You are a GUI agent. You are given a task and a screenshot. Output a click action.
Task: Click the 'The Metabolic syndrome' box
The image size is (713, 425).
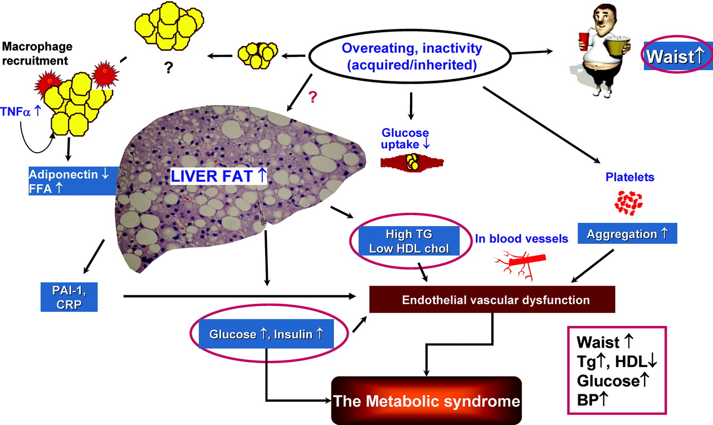pos(426,401)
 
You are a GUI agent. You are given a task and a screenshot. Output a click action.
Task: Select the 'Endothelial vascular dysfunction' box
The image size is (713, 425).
pos(492,300)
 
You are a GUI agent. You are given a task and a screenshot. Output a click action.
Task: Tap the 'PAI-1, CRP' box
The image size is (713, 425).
pos(70,296)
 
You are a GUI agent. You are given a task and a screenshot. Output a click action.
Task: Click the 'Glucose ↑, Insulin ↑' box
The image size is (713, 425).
pos(266,334)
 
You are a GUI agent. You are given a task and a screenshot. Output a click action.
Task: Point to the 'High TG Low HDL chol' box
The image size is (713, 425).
pos(409,241)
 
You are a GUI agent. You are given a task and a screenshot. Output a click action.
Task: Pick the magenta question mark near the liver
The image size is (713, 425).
pos(313,97)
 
